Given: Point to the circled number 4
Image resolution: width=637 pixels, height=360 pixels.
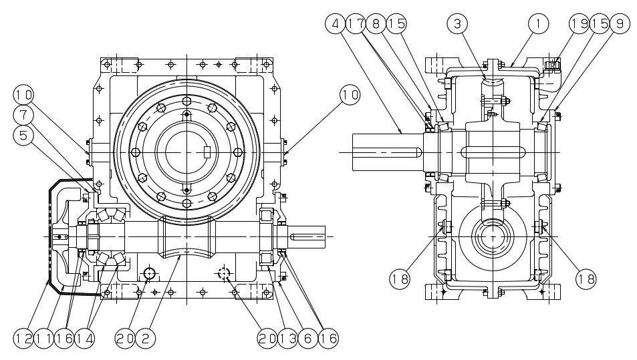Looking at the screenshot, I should (334, 24).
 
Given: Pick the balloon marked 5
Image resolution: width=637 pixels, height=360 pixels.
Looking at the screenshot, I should (23, 136).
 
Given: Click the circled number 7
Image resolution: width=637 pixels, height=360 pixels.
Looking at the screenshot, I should (23, 115).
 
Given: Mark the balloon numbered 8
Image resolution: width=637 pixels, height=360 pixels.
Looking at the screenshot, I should (374, 24).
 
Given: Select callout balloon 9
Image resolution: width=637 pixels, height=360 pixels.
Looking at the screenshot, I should (619, 24).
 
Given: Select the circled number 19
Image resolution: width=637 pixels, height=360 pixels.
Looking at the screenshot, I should (579, 24).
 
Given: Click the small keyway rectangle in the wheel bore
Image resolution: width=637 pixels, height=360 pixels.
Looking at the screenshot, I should (207, 152).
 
